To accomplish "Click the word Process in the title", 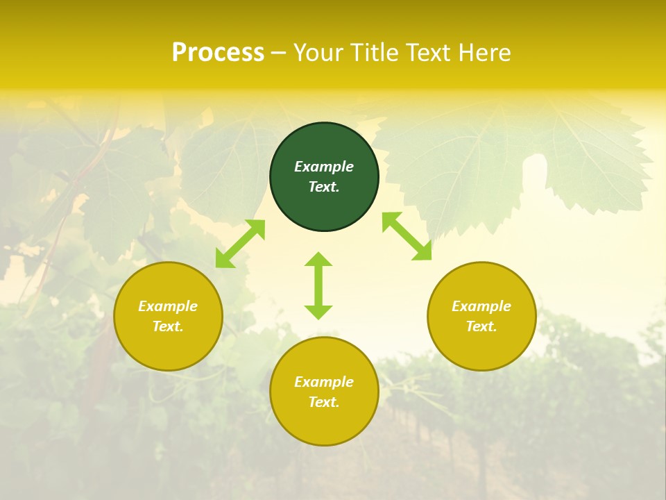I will [x=218, y=53].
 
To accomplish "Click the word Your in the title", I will [x=320, y=53].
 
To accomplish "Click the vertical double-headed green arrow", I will [x=318, y=285].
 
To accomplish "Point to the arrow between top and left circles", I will [x=240, y=244].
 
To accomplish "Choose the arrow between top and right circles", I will [x=407, y=236].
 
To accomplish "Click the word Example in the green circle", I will [x=324, y=167].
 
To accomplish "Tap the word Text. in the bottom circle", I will [x=324, y=402].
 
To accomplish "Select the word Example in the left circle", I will [x=168, y=306].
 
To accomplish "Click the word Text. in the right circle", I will [x=481, y=326].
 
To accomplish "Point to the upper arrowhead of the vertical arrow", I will [x=318, y=260].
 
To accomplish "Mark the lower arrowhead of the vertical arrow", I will [x=318, y=312].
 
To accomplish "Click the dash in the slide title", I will [x=279, y=53].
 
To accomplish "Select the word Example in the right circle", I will [x=481, y=306].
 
